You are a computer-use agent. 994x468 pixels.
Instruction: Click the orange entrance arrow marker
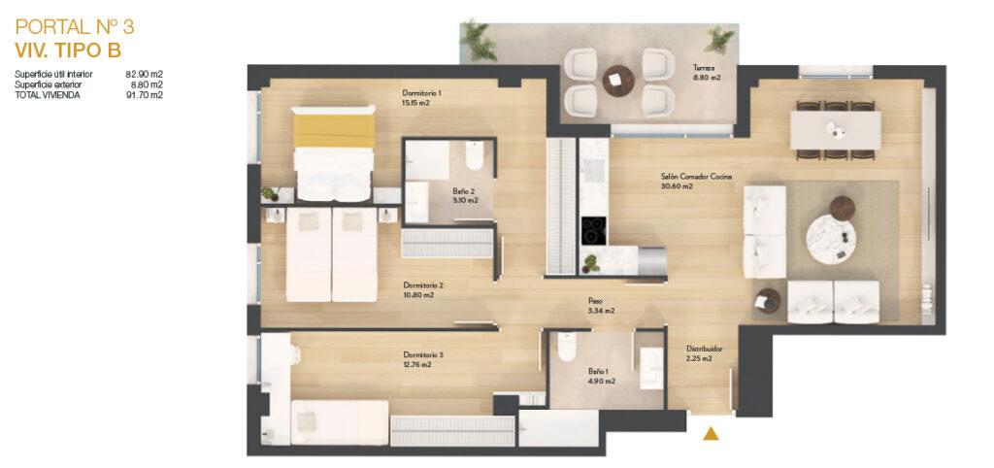[712, 433]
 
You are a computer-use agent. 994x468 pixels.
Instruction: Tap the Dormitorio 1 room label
[421, 92]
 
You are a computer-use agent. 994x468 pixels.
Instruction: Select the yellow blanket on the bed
[334, 130]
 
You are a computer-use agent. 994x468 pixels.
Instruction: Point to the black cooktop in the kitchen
[593, 230]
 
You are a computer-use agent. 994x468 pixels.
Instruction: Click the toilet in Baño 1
[567, 347]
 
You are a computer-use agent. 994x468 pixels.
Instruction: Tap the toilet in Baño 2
[474, 155]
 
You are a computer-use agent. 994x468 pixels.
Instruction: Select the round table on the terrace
[618, 81]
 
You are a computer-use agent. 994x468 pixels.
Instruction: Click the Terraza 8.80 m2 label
[706, 72]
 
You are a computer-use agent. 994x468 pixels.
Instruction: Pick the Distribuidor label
[705, 349]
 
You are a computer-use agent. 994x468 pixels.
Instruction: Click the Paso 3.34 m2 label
[601, 306]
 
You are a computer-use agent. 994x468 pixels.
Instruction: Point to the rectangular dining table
[835, 130]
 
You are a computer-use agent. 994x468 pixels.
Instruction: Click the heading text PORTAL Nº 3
[75, 27]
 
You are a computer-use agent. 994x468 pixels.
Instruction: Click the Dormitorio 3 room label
[423, 354]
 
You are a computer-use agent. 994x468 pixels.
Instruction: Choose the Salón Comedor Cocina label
[696, 177]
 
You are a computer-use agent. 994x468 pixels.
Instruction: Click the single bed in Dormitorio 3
[339, 422]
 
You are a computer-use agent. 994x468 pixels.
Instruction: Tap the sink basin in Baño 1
[651, 368]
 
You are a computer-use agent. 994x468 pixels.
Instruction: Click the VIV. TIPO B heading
[68, 50]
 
